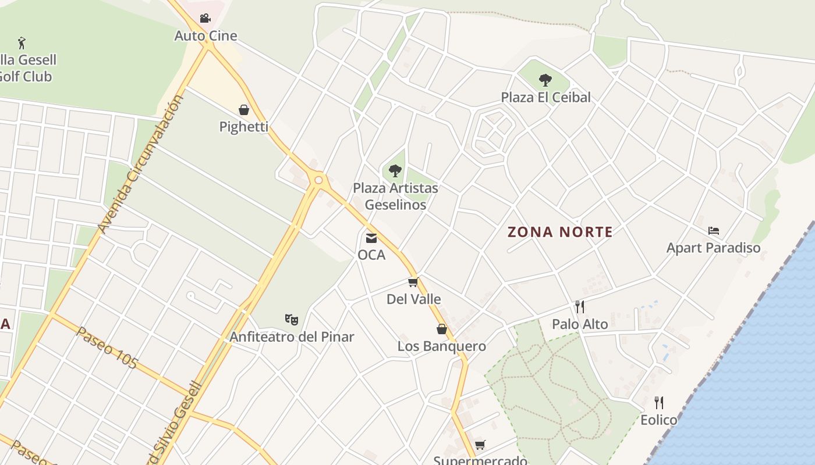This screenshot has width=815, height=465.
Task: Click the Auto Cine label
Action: [x=206, y=36]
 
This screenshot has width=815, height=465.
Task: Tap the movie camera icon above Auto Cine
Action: [x=205, y=19]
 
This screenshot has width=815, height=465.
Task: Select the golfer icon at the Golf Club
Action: [x=22, y=43]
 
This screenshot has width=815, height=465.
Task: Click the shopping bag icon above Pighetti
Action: [x=244, y=110]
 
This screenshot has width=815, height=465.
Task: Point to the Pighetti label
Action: [x=244, y=127]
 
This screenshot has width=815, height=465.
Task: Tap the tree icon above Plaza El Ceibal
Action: [x=545, y=80]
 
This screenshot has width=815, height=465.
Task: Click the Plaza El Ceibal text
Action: [x=546, y=97]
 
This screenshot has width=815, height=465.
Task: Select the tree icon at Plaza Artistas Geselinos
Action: [x=395, y=171]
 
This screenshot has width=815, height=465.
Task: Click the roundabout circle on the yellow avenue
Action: [x=318, y=180]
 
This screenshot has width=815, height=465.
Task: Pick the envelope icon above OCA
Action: [x=371, y=238]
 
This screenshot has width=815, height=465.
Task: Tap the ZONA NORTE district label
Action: [x=560, y=233]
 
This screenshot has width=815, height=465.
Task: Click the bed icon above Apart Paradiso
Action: [x=714, y=231]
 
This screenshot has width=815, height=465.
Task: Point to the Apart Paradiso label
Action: [x=713, y=248]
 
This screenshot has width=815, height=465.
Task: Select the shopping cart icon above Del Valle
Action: [x=413, y=282]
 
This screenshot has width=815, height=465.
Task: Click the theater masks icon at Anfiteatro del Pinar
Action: [x=292, y=319]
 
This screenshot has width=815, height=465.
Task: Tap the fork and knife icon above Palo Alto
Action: [x=579, y=307]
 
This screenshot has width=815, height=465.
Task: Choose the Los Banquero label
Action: [x=442, y=346]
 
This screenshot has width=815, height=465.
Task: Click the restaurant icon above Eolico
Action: [x=659, y=402]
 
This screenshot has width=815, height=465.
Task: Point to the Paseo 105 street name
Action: [x=107, y=348]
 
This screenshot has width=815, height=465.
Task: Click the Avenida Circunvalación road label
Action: [x=140, y=164]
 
